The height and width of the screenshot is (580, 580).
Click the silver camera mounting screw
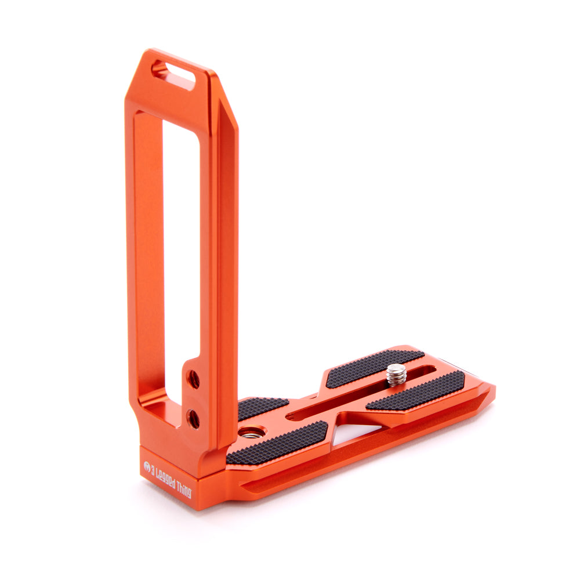tap(397, 375)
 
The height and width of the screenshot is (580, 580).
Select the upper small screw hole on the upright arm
tap(194, 379)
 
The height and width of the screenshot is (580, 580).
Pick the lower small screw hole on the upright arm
tap(194, 419)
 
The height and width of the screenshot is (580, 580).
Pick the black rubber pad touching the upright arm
tap(261, 407)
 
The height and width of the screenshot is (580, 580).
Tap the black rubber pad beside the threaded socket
tap(278, 443)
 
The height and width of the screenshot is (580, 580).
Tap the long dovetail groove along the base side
tap(360, 452)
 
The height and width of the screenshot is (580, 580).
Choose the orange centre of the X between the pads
tap(333, 406)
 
